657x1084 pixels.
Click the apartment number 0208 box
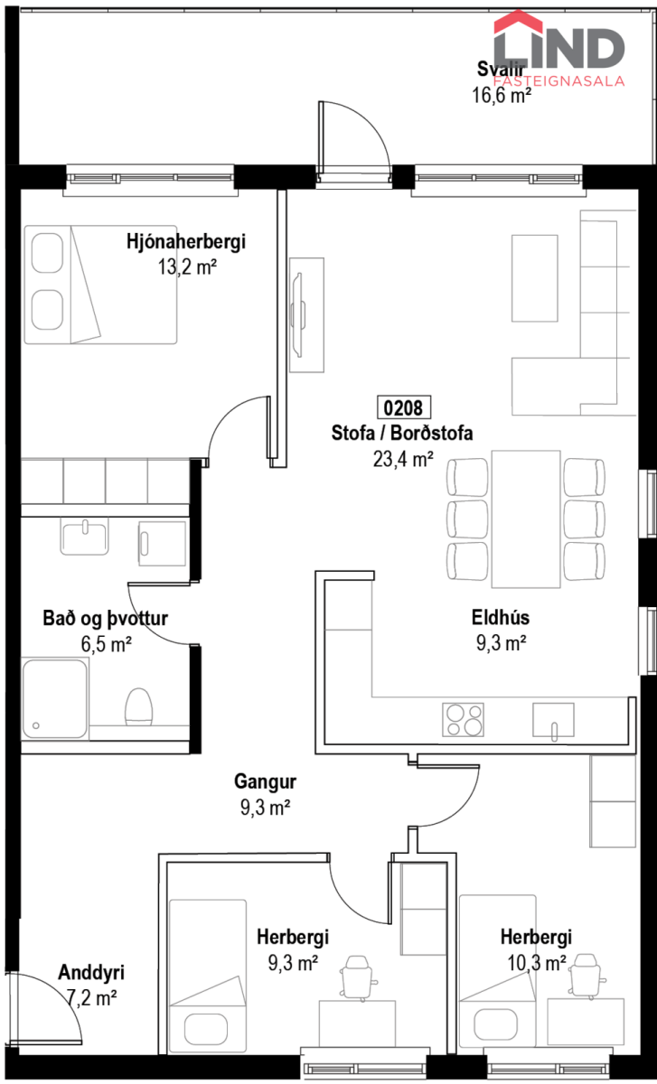coord(404,407)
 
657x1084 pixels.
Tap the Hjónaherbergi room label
coord(186,241)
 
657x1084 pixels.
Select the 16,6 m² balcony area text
coord(502,95)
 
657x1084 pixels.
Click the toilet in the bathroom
coord(139,707)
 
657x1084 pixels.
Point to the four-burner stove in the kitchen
coord(463,720)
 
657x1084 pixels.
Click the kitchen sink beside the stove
coord(553,720)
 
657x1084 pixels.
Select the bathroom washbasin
coord(84,537)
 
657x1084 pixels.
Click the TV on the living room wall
coord(297,315)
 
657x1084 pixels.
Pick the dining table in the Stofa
coord(526,519)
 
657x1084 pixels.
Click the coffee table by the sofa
coord(534,278)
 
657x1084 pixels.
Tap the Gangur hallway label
coord(265,780)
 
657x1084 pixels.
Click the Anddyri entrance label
coord(91,972)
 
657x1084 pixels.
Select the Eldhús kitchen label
coord(501,617)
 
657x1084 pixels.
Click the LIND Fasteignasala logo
coord(559,49)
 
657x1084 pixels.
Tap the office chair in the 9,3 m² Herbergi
coord(358,977)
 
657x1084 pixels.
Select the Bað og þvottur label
coord(105,618)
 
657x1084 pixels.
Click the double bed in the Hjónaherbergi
coord(100,285)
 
